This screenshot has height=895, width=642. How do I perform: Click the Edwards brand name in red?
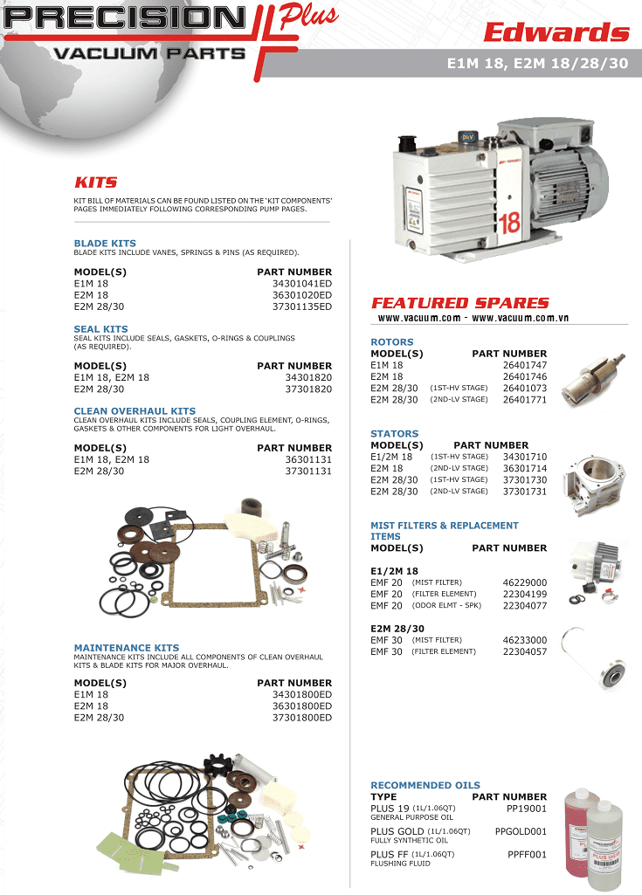(x=556, y=33)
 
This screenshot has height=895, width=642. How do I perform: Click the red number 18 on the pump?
(x=509, y=223)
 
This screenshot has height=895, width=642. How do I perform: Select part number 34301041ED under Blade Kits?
(x=302, y=284)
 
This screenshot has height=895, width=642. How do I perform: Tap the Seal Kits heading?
(x=100, y=329)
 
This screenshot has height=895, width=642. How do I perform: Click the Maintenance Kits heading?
(x=127, y=648)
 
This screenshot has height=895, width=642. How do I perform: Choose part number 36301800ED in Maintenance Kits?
(x=302, y=706)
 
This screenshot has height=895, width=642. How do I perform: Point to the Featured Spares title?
(x=460, y=303)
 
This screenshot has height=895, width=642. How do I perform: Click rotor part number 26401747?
(x=525, y=365)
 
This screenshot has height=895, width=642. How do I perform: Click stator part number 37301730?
(x=525, y=479)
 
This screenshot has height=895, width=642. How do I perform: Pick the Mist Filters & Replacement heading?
(x=444, y=526)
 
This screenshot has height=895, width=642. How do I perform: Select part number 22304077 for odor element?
(x=525, y=605)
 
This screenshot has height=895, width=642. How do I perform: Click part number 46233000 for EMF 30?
(x=525, y=640)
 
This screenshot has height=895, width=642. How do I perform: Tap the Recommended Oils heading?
(x=425, y=785)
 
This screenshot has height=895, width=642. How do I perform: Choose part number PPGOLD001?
(x=521, y=831)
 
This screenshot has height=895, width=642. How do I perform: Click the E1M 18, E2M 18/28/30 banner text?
(x=537, y=64)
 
